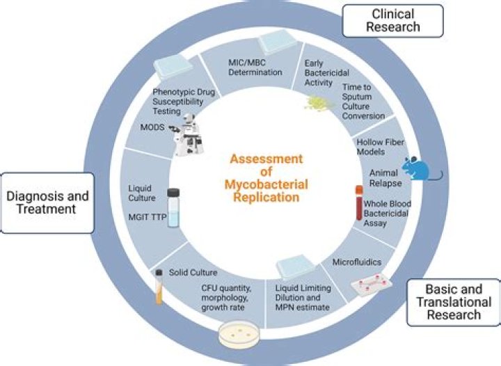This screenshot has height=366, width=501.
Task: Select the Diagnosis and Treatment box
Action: click(48, 202)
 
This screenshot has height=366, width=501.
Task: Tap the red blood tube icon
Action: click(359, 202)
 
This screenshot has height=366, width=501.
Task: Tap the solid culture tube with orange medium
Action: click(159, 287)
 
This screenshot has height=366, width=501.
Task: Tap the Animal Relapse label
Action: click(385, 177)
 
